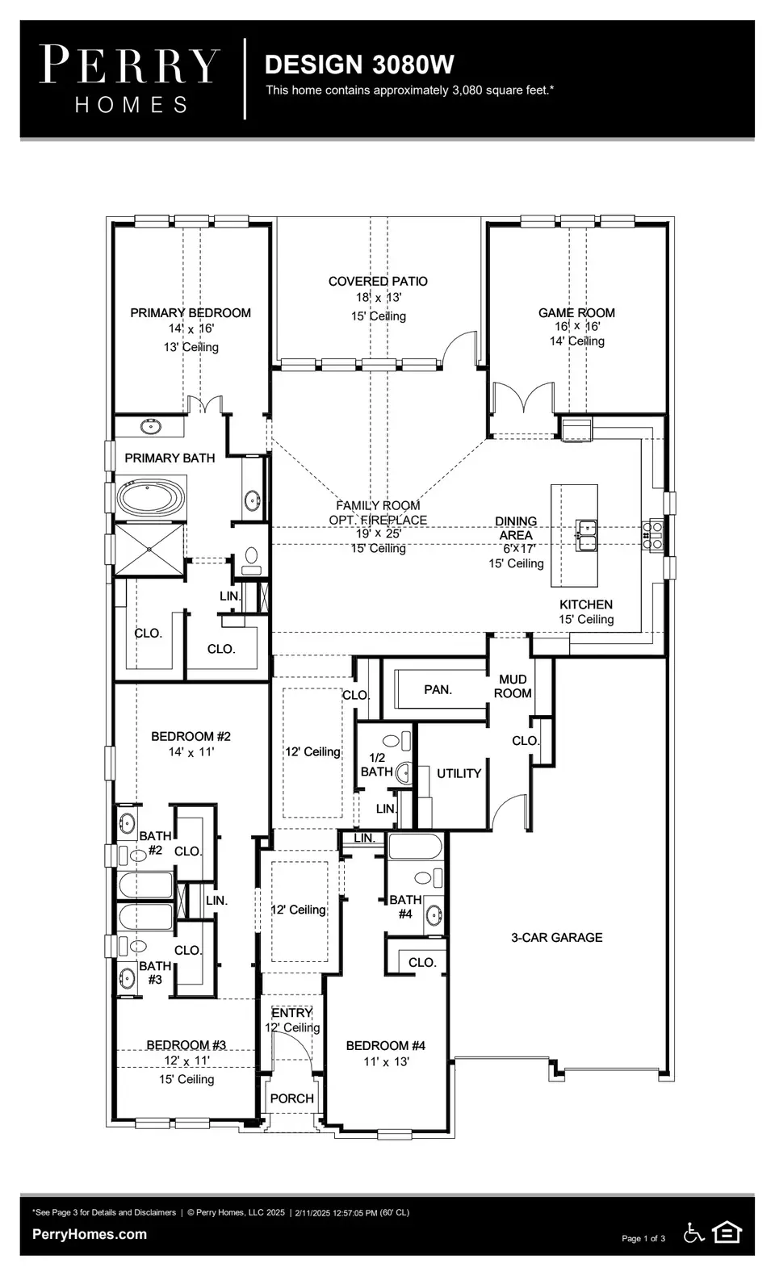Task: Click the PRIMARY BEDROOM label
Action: [x=191, y=312]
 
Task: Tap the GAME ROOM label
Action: [x=576, y=312]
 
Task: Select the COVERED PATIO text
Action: [x=378, y=281]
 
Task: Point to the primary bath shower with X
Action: [x=150, y=550]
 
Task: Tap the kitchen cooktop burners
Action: [x=652, y=536]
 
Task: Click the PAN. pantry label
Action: [x=438, y=689]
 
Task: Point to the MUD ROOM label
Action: [x=513, y=686]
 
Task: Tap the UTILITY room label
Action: [x=459, y=773]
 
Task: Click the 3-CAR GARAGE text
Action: [x=556, y=937]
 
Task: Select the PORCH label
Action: [x=291, y=1098]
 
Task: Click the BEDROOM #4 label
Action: [x=385, y=1045]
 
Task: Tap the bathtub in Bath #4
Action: [x=415, y=847]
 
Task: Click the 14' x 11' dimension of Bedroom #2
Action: [x=191, y=751]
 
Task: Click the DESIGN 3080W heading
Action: [x=359, y=65]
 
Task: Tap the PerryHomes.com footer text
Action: [x=90, y=1233]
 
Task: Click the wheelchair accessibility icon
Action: [x=693, y=1232]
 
